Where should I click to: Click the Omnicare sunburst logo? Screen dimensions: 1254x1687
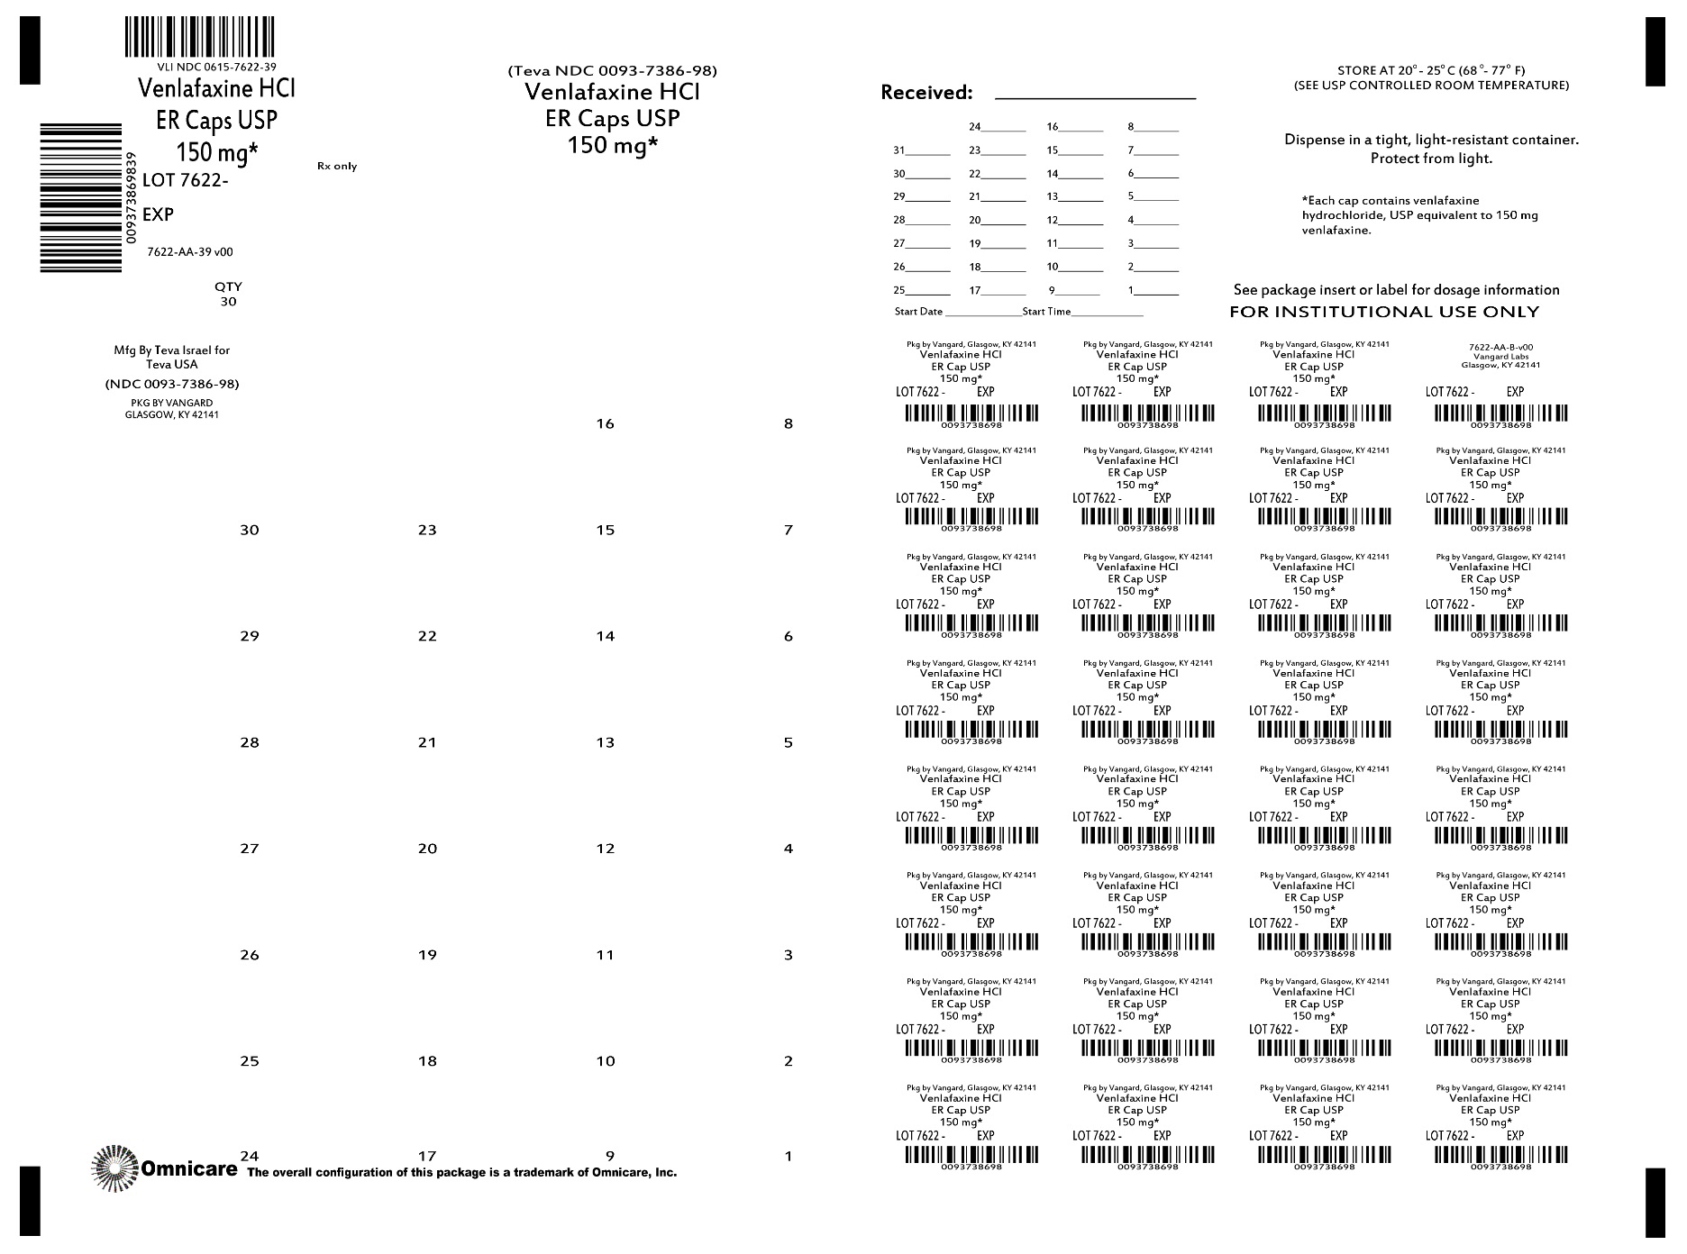tap(114, 1169)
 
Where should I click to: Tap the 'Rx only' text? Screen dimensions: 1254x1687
tap(337, 167)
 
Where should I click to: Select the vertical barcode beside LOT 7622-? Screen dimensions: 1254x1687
tap(81, 197)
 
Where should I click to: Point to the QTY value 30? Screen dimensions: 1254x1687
tap(228, 302)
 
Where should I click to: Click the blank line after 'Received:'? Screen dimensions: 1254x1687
tap(1095, 94)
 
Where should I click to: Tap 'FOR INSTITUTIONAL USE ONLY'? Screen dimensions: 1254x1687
tap(1384, 313)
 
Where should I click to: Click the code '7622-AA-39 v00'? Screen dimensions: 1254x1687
tap(190, 252)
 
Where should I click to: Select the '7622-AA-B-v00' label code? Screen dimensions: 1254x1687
tap(1500, 347)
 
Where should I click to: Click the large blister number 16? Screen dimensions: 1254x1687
tap(605, 423)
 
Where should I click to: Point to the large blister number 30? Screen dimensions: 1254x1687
tap(250, 530)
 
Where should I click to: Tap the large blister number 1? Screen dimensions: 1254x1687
tap(789, 1156)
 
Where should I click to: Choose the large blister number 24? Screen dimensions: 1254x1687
tap(250, 1156)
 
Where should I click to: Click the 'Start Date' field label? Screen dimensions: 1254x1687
tap(918, 312)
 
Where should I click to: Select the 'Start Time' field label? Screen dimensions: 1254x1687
tap(1046, 312)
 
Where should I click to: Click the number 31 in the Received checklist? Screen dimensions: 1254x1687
tap(899, 150)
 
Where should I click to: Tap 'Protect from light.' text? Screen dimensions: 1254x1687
tap(1431, 159)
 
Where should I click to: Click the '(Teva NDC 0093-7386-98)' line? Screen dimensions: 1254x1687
tap(613, 71)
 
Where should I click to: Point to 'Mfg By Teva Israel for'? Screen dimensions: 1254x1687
tap(171, 350)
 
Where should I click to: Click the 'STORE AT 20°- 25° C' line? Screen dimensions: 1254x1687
tap(1431, 70)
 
